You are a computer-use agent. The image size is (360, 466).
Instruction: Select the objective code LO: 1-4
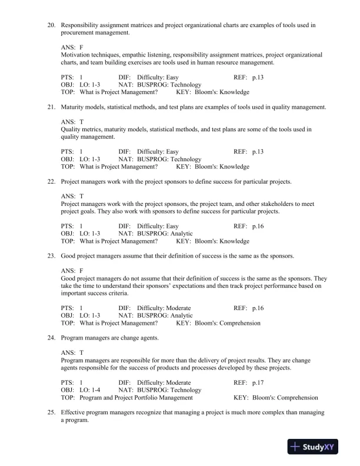(88, 390)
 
